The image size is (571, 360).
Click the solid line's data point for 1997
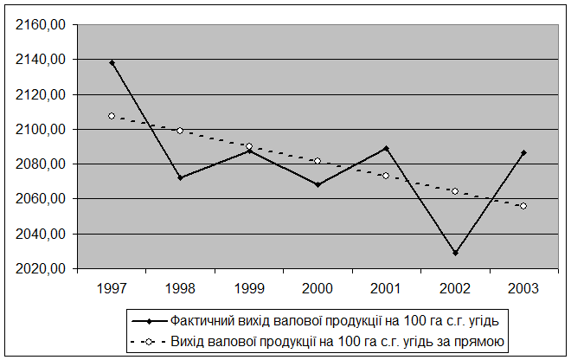pyautogui.click(x=112, y=62)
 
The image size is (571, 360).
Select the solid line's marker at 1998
pyautogui.click(x=180, y=177)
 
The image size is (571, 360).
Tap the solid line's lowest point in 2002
pyautogui.click(x=455, y=253)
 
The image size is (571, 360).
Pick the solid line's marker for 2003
pyautogui.click(x=523, y=153)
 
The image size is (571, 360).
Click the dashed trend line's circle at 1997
pyautogui.click(x=112, y=116)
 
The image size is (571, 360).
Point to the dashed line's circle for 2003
pyautogui.click(x=523, y=206)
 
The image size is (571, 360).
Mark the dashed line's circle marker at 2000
pyautogui.click(x=318, y=161)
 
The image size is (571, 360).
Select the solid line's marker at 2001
pyautogui.click(x=386, y=148)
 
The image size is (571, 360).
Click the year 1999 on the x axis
pyautogui.click(x=249, y=286)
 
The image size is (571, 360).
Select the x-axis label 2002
pyautogui.click(x=455, y=286)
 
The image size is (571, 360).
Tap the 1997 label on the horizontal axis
pyautogui.click(x=112, y=286)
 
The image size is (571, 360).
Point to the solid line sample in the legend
pyautogui.click(x=149, y=321)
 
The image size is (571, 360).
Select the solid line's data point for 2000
pyautogui.click(x=318, y=184)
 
